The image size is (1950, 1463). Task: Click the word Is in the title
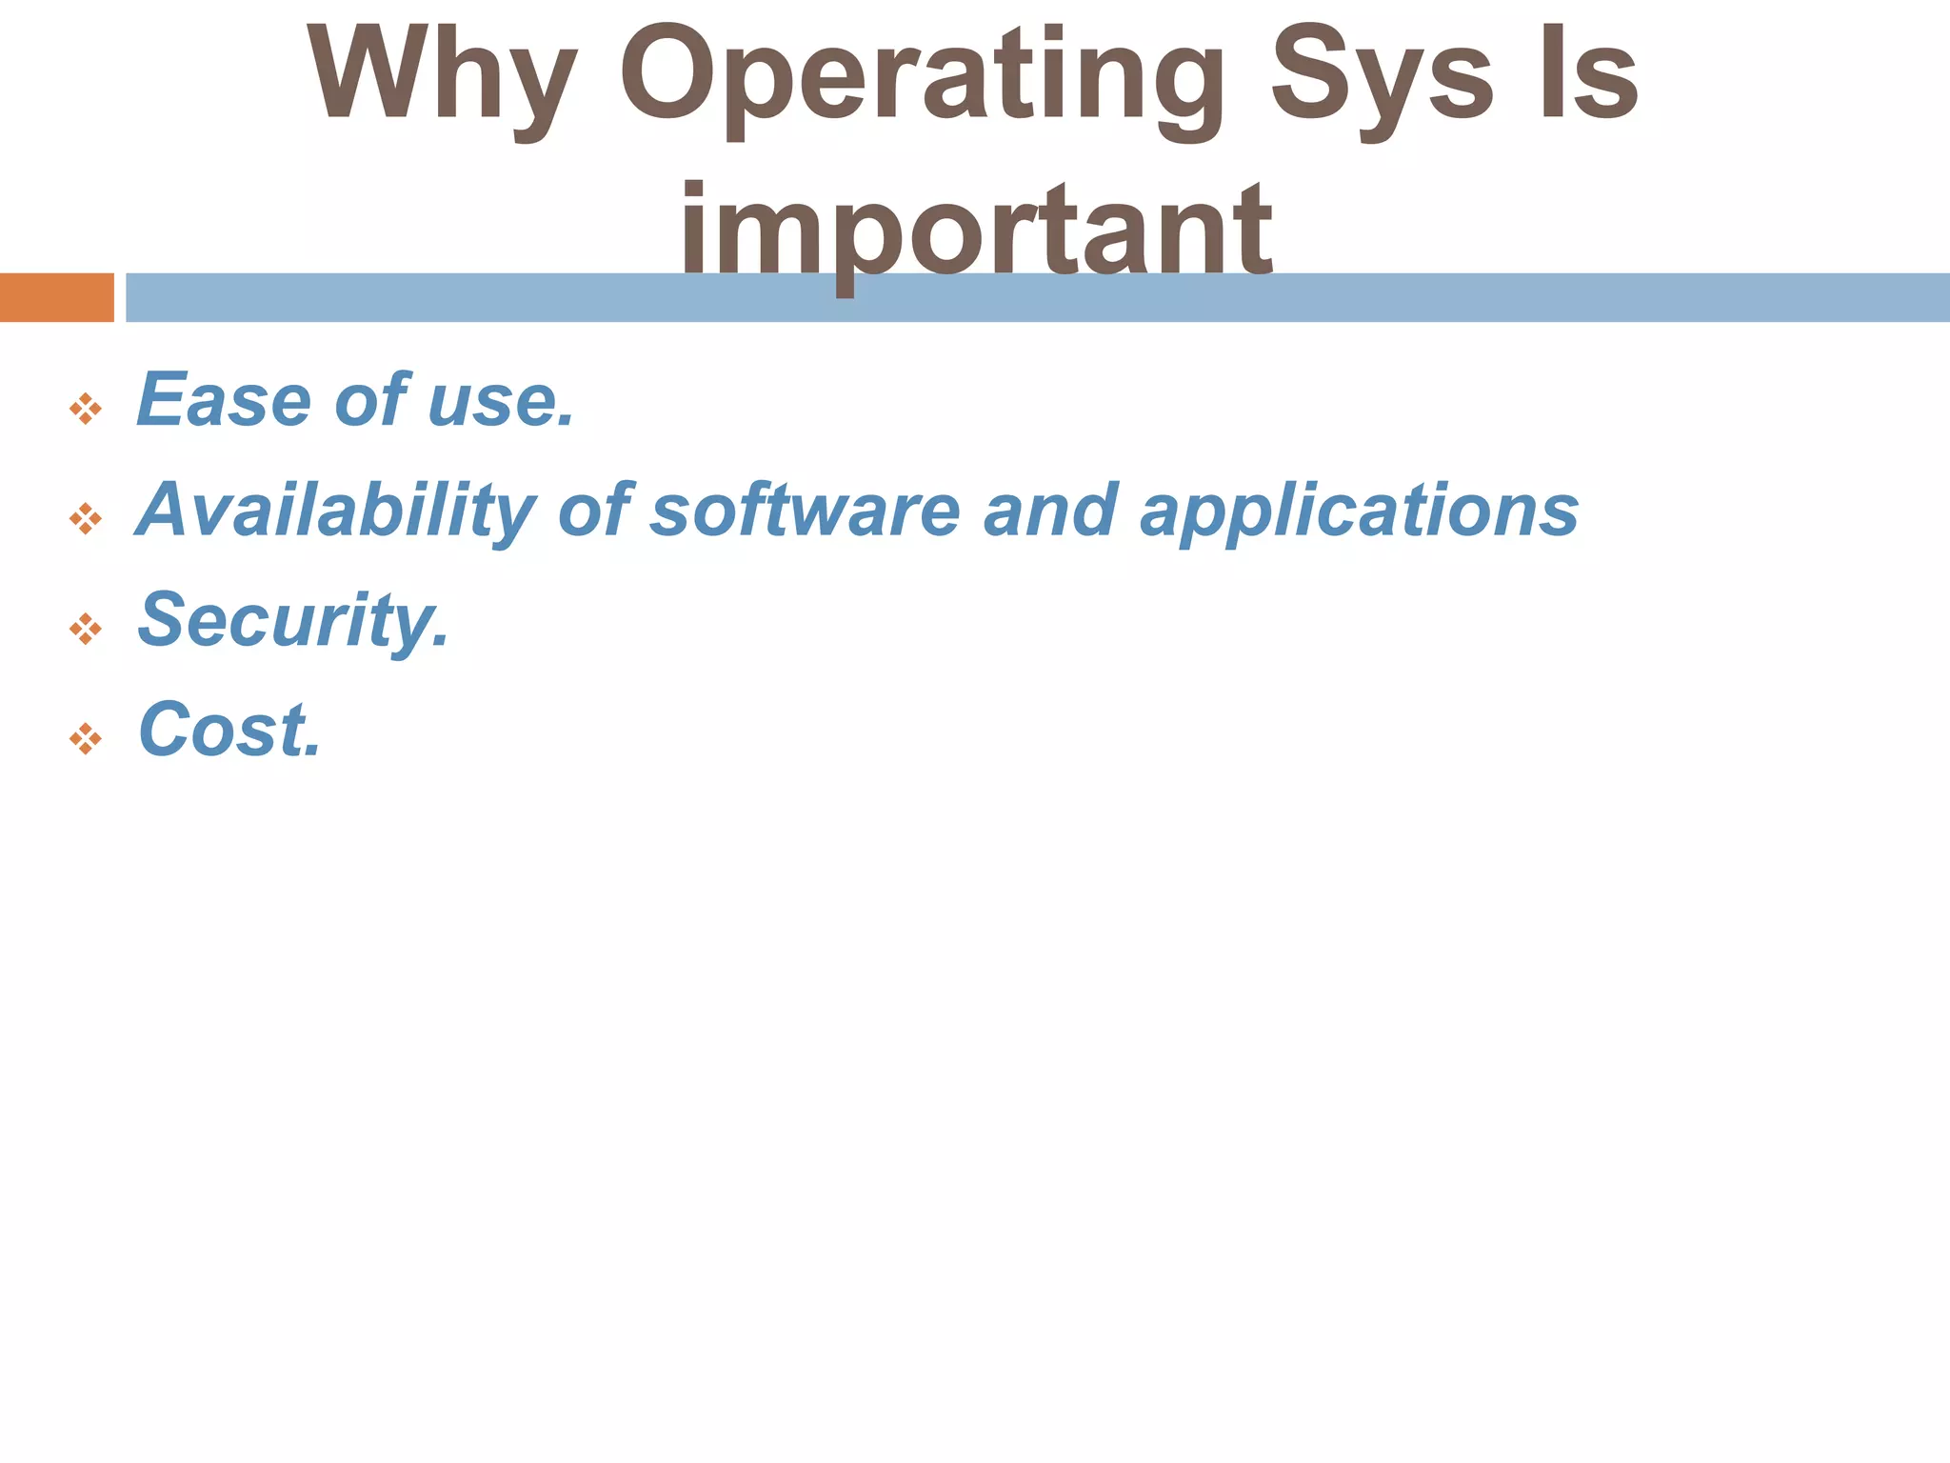[1587, 76]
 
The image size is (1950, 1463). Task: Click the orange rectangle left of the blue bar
[56, 297]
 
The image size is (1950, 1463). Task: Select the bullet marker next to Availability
[86, 519]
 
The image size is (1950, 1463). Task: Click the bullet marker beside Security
[86, 629]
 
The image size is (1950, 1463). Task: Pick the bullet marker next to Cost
[86, 738]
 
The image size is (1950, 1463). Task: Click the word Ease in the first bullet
[224, 401]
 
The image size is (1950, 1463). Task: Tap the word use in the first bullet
[501, 401]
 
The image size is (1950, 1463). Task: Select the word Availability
[335, 511]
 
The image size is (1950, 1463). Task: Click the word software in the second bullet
[805, 511]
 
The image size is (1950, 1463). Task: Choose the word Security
[293, 621]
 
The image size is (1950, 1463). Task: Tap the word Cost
[229, 731]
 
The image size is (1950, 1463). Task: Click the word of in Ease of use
[371, 401]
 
